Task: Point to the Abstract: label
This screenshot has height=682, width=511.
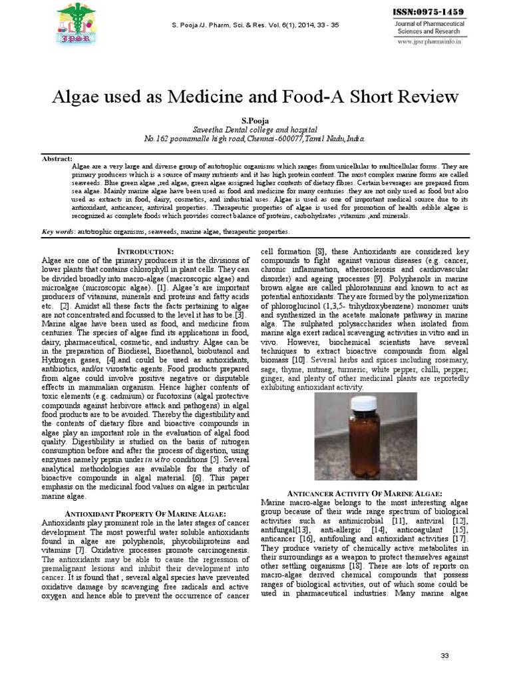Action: click(57, 159)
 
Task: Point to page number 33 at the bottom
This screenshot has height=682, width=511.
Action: click(445, 656)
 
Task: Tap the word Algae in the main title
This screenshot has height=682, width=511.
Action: click(77, 97)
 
